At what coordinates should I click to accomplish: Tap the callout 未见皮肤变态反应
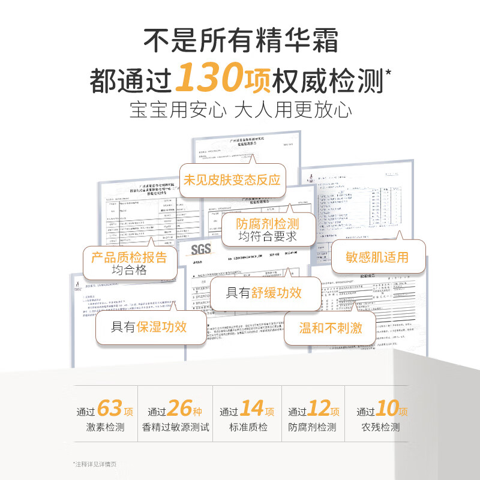tap(232, 179)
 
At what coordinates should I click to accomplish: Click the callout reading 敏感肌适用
tap(377, 257)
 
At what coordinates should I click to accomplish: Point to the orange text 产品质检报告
tap(129, 258)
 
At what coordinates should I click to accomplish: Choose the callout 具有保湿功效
tap(149, 326)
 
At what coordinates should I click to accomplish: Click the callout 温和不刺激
tap(331, 328)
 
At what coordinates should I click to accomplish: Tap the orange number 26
tap(179, 409)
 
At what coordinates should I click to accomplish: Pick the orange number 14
tap(252, 409)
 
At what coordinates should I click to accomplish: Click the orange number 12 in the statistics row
tap(319, 409)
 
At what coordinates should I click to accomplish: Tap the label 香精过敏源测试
tap(176, 428)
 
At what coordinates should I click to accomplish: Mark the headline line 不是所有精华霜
tap(240, 42)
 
